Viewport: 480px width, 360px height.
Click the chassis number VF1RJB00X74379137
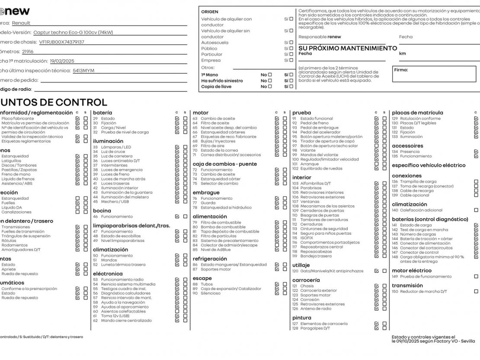[61, 42]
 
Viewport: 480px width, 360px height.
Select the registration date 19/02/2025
[62, 61]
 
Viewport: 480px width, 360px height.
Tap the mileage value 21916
[28, 51]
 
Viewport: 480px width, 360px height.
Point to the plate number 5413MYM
[83, 70]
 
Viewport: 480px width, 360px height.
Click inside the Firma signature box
[434, 74]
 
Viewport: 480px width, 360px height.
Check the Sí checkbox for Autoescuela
[291, 42]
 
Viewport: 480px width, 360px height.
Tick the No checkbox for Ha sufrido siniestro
[270, 80]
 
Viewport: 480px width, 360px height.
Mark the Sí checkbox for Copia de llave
[291, 86]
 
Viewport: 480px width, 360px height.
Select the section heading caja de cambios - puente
[224, 164]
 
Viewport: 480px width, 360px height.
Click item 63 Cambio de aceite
[218, 118]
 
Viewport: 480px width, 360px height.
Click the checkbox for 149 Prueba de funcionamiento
[476, 277]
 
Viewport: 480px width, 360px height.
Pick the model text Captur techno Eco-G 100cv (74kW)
[73, 32]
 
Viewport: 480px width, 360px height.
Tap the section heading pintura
[301, 318]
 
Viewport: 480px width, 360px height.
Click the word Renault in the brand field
[21, 23]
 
